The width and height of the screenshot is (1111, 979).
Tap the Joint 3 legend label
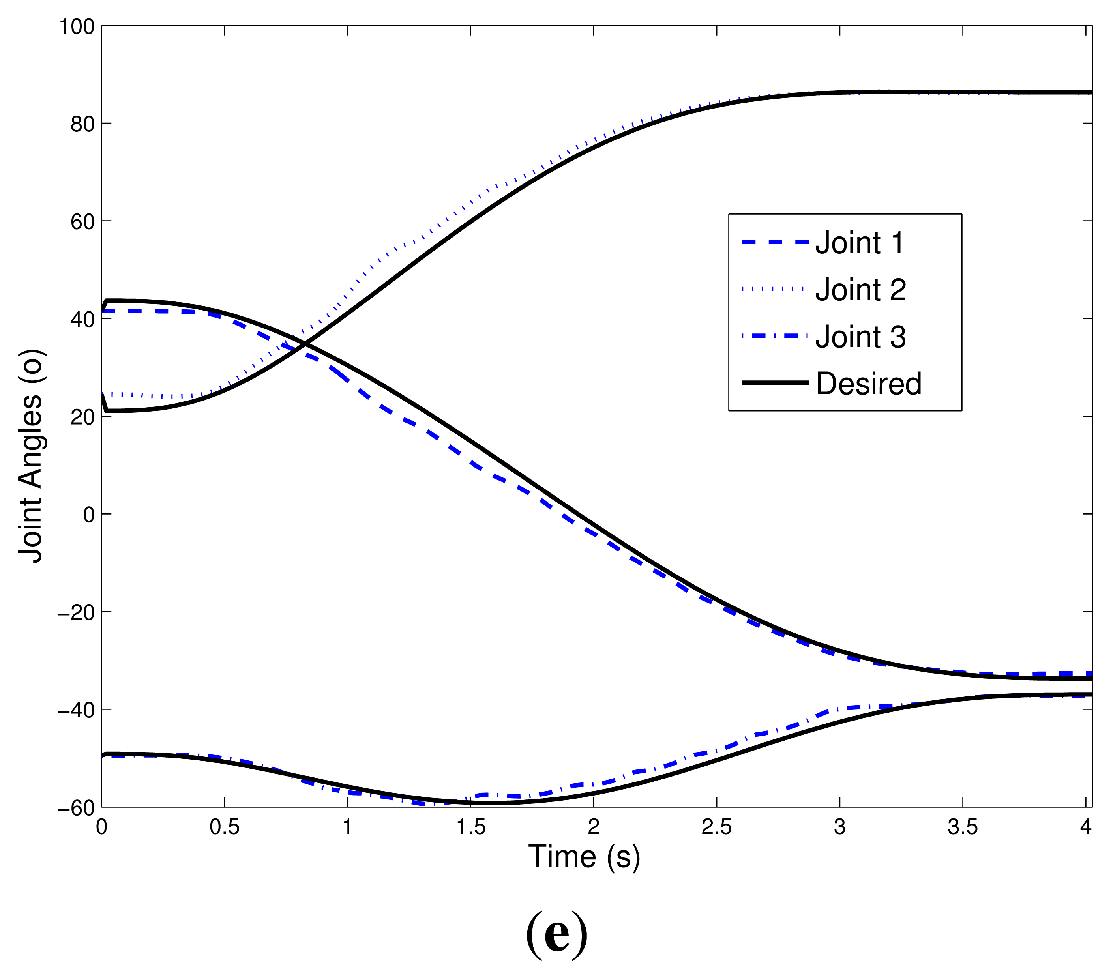coord(860,337)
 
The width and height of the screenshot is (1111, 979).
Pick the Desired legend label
coord(869,384)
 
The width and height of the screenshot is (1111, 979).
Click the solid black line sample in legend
coord(775,383)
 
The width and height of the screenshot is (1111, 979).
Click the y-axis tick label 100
coord(77,26)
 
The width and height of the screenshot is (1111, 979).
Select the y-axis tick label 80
coord(82,124)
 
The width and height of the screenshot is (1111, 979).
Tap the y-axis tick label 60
coord(82,222)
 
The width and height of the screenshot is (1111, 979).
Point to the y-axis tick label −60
coord(76,808)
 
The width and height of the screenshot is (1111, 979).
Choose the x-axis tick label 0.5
coord(225,827)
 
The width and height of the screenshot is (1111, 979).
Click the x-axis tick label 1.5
coord(471,827)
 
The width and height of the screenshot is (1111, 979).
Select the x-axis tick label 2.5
coord(716,827)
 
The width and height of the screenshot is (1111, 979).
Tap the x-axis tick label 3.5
coord(963,827)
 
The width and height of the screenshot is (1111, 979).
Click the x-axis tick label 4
coord(1085,827)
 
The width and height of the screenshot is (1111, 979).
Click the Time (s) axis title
coord(584,857)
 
